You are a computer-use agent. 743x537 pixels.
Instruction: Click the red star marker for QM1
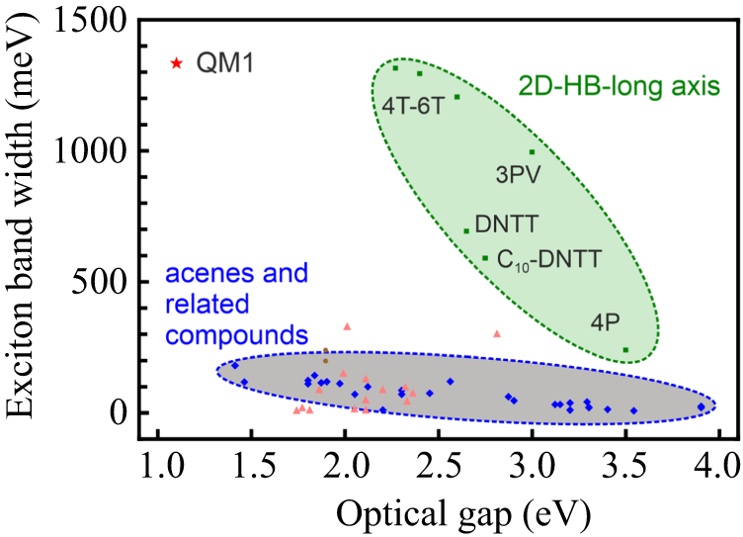(x=177, y=63)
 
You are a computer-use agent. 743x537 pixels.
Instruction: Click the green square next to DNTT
(x=466, y=231)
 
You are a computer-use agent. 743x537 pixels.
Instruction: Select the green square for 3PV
(x=532, y=152)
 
